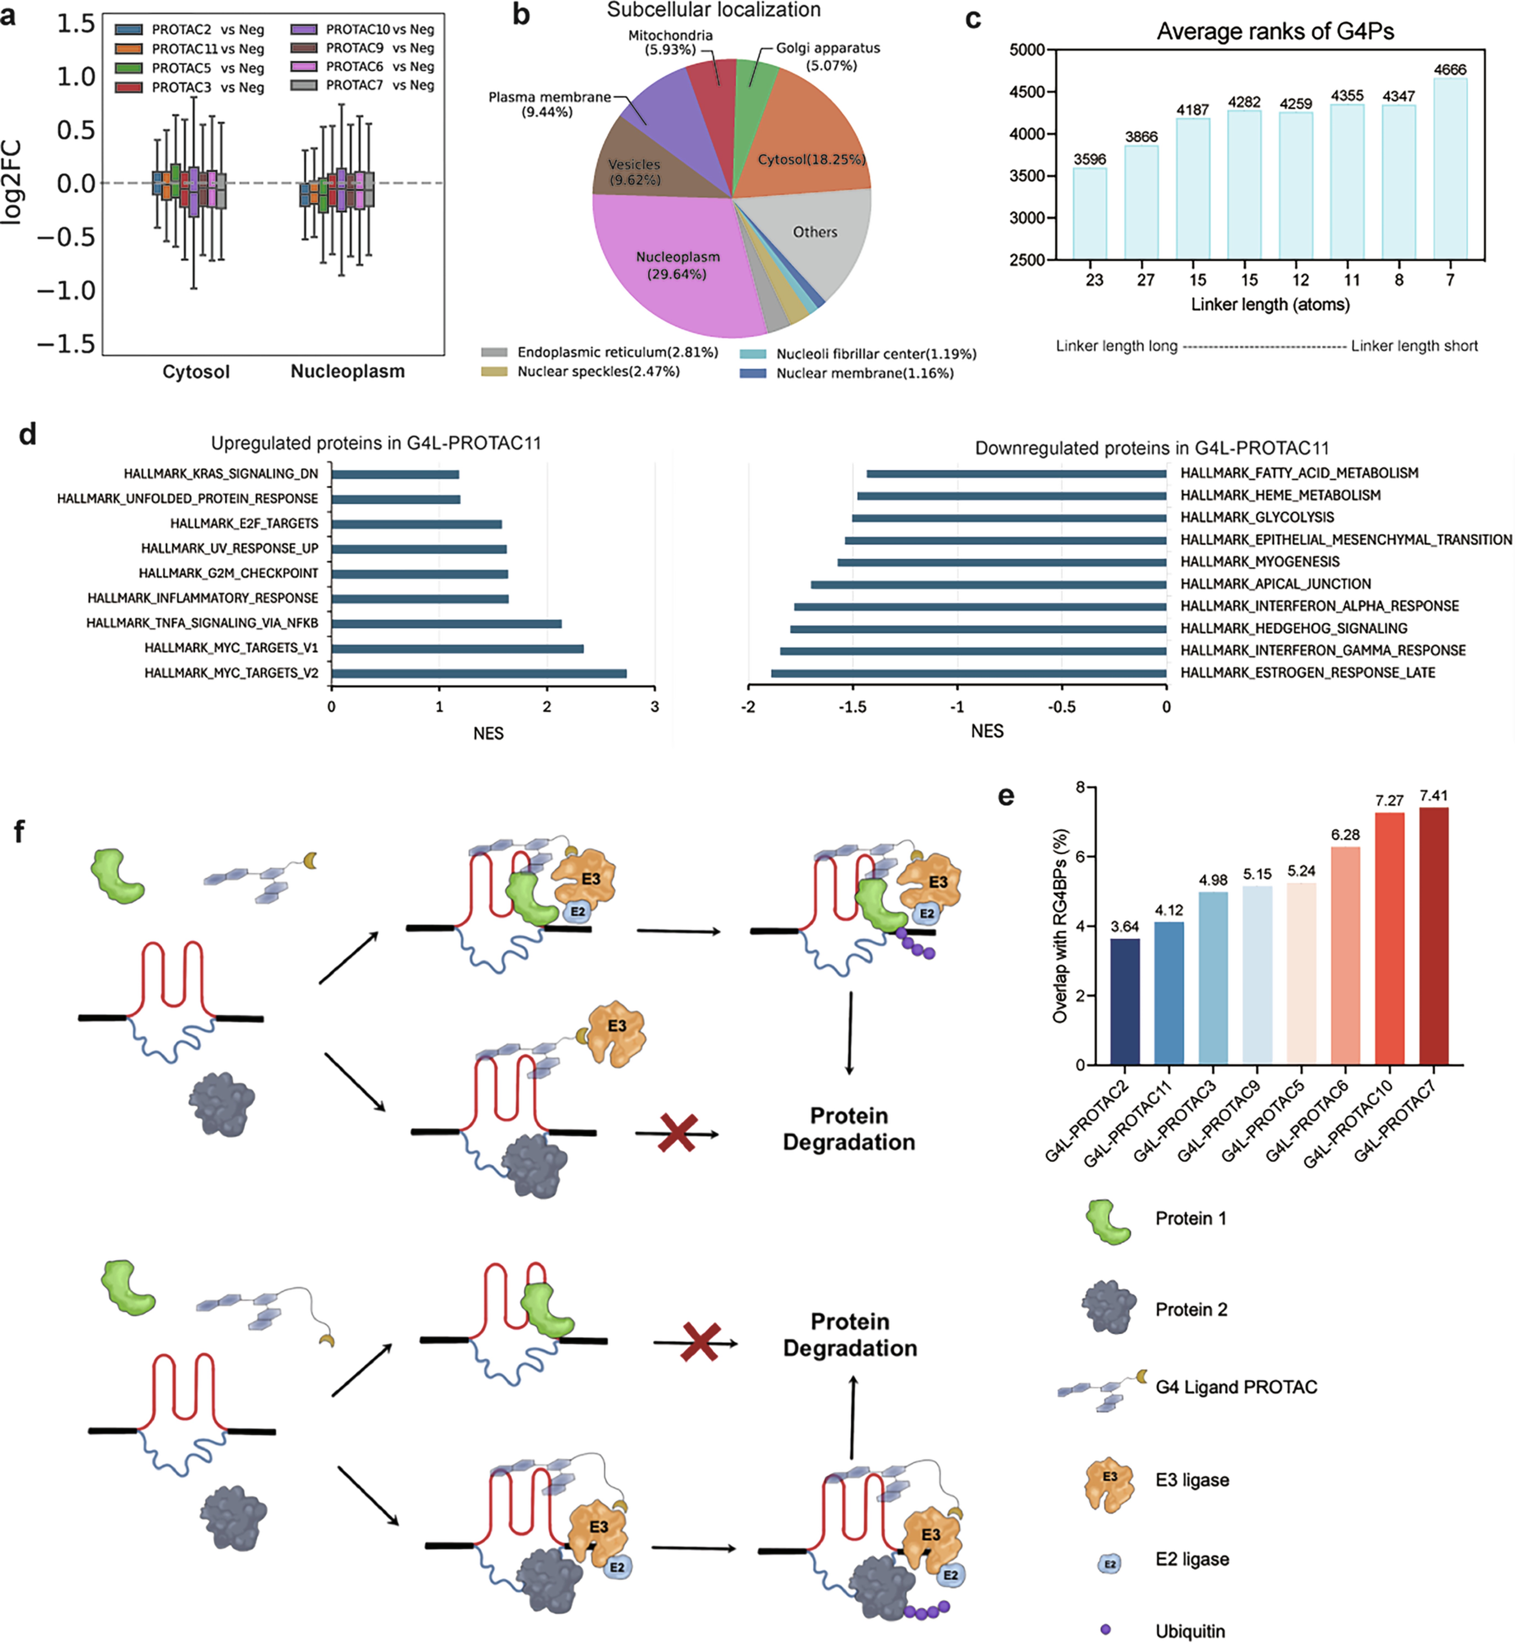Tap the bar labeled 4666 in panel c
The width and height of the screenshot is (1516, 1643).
pyautogui.click(x=1450, y=168)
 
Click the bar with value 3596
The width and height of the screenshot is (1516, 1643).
pyautogui.click(x=1089, y=213)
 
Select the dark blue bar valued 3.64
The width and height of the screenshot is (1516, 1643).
pyautogui.click(x=1125, y=1001)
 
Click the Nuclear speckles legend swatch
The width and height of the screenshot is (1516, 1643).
pyautogui.click(x=494, y=372)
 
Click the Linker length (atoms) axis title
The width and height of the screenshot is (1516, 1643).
pyautogui.click(x=1270, y=305)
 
